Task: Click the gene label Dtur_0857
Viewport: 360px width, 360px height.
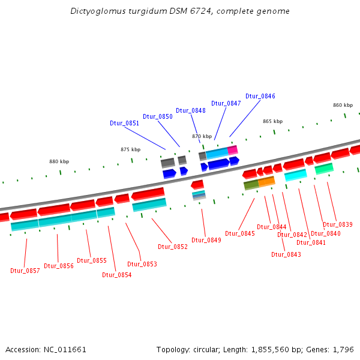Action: [x=25, y=271]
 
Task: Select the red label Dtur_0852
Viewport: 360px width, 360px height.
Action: [x=173, y=247]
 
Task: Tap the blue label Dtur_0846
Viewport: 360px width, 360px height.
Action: [x=260, y=96]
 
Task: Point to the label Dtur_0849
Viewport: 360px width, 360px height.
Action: [x=206, y=240]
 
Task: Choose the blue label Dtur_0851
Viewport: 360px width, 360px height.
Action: [x=124, y=123]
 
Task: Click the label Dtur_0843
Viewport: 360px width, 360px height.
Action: [x=286, y=254]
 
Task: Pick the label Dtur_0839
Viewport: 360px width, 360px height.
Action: [x=338, y=224]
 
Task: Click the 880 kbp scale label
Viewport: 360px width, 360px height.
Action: [x=59, y=161]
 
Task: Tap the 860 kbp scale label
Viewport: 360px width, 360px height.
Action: [x=343, y=105]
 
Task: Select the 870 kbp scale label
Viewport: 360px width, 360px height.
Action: [x=202, y=136]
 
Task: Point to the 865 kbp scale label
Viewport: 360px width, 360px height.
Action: [x=272, y=121]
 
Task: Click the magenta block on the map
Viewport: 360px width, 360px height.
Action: [x=233, y=149]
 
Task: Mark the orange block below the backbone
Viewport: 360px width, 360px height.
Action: [x=266, y=181]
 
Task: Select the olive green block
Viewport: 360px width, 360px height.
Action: [x=251, y=185]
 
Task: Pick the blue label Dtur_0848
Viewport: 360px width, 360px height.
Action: [x=191, y=110]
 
